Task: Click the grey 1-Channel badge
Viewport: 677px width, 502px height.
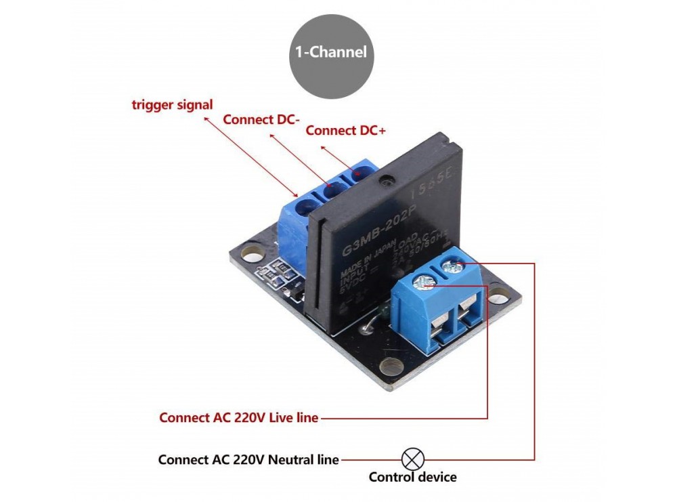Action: pyautogui.click(x=332, y=52)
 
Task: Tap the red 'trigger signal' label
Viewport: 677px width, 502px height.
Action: pyautogui.click(x=172, y=105)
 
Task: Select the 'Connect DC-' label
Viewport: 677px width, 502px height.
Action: pyautogui.click(x=261, y=120)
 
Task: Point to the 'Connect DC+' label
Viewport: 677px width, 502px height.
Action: pyautogui.click(x=345, y=131)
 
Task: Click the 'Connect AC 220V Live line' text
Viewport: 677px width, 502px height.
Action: pyautogui.click(x=238, y=418)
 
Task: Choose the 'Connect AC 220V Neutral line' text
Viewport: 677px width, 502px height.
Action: pyautogui.click(x=248, y=459)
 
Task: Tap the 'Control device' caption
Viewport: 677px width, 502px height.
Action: pyautogui.click(x=412, y=477)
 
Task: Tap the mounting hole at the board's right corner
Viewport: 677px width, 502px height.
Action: pyautogui.click(x=499, y=295)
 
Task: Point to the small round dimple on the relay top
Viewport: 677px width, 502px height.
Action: pyautogui.click(x=386, y=182)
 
